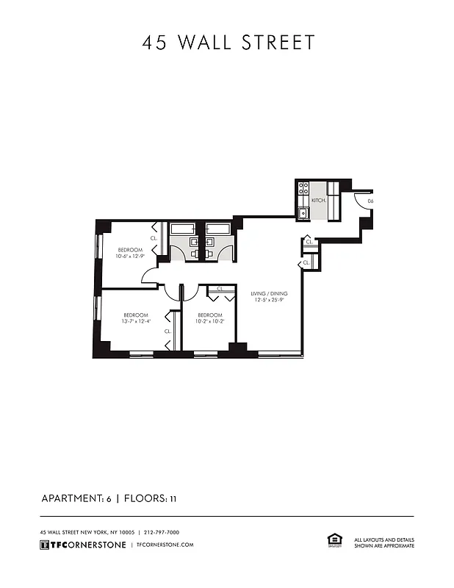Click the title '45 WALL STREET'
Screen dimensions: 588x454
[x=228, y=43]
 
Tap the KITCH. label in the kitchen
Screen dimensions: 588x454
[x=318, y=200]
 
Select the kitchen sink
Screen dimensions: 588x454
[x=302, y=214]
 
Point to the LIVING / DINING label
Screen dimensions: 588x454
[x=268, y=293]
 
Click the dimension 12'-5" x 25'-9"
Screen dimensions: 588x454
[x=268, y=300]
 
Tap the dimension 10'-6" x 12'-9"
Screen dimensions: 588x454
[x=130, y=257]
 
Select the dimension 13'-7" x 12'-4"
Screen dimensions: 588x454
[x=136, y=320]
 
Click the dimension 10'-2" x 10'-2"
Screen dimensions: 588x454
[x=209, y=320]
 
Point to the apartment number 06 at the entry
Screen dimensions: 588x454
[x=370, y=201]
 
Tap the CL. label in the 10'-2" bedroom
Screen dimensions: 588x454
[x=220, y=289]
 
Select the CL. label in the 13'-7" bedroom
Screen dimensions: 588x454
[x=167, y=331]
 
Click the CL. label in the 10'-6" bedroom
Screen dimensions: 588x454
[x=154, y=238]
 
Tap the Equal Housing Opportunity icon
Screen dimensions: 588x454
[x=333, y=541]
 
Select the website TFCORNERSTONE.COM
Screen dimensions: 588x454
[x=165, y=545]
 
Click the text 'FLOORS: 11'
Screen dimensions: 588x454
[x=150, y=498]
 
